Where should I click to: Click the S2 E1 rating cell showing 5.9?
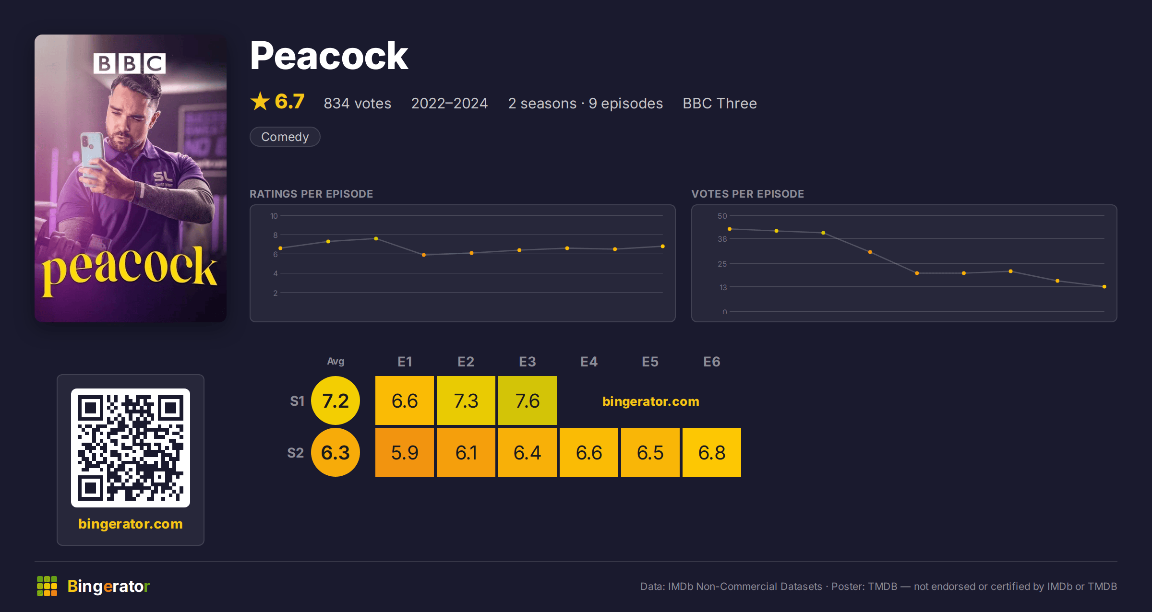(x=405, y=452)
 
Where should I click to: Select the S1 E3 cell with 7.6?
(x=528, y=400)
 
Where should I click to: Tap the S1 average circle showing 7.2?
(x=336, y=400)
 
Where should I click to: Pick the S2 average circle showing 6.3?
(x=336, y=452)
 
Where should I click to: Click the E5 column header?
(x=650, y=362)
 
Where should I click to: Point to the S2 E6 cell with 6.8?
(x=712, y=452)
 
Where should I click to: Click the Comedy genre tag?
(x=285, y=137)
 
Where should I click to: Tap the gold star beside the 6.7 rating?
(x=260, y=101)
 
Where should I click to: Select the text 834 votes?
(x=358, y=103)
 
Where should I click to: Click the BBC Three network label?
(x=720, y=103)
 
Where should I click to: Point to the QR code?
(x=131, y=448)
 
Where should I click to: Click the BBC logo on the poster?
(x=130, y=63)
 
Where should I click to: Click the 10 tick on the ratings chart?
(x=274, y=216)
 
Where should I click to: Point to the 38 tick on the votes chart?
(x=722, y=239)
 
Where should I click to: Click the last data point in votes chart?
(x=1104, y=287)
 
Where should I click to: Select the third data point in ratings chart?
(x=376, y=238)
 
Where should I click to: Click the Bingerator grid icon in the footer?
(x=47, y=586)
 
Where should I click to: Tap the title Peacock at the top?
(x=329, y=56)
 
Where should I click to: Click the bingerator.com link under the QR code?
(x=131, y=524)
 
